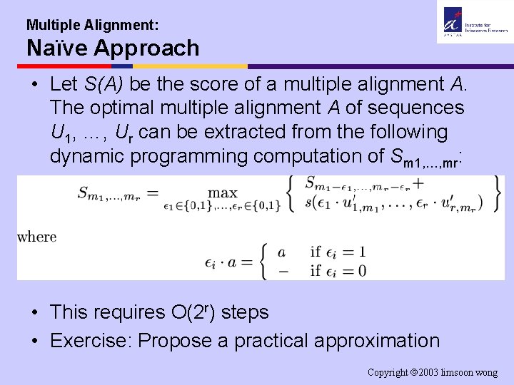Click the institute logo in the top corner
coord(474,22)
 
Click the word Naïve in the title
coord(54,48)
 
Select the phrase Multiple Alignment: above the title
coord(92,25)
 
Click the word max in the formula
coord(222,192)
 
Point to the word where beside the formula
coord(36,237)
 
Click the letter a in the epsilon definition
coord(281,252)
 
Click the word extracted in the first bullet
coord(233,132)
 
